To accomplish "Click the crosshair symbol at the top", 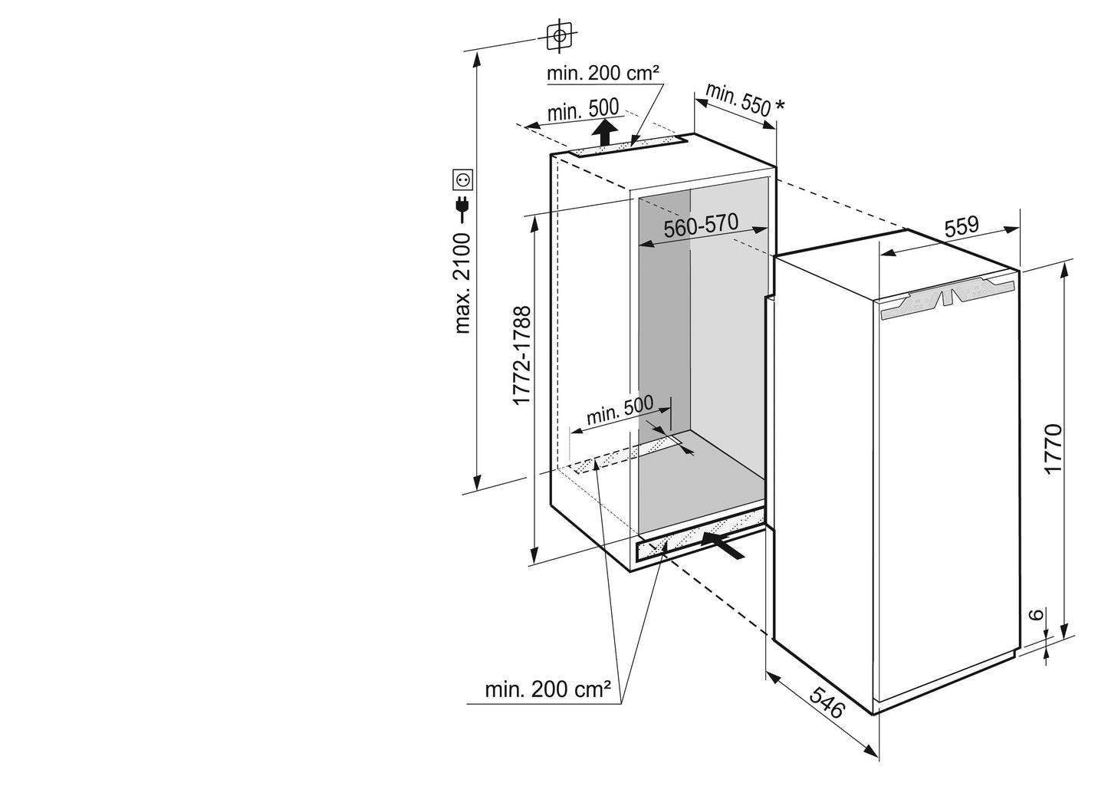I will tap(561, 35).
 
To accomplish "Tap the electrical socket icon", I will tap(464, 179).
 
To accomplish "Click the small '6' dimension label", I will tap(1034, 615).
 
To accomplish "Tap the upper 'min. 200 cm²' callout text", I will tap(603, 74).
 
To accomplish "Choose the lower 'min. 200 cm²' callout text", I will tap(547, 689).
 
